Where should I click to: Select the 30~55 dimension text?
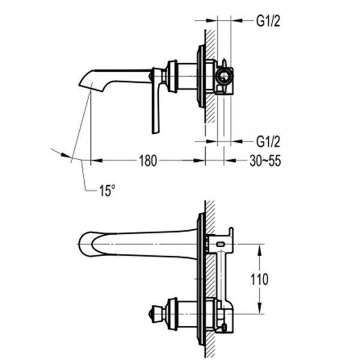[265, 161]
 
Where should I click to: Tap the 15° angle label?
[107, 190]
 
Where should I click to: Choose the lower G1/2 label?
[268, 142]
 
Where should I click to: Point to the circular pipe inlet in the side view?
[224, 76]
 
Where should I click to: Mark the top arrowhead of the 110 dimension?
[260, 247]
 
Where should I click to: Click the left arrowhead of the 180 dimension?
[94, 161]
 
